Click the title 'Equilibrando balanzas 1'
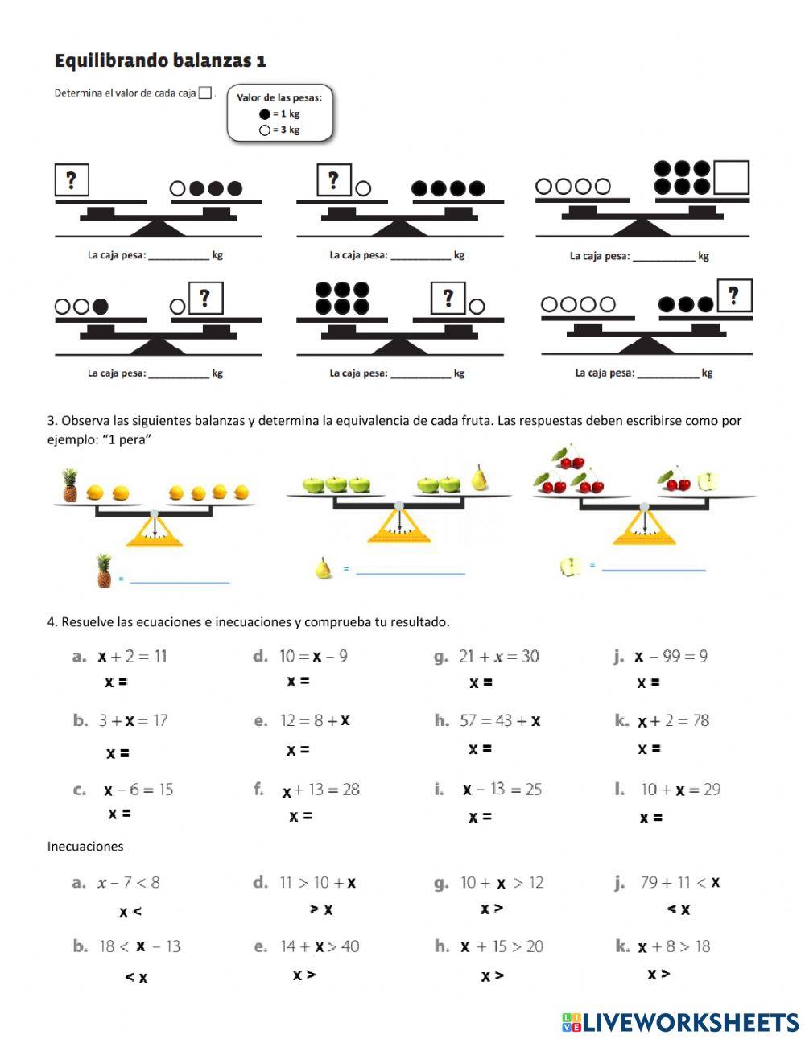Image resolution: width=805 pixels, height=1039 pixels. pos(159,60)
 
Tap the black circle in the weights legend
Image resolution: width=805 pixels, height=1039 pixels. pos(264,114)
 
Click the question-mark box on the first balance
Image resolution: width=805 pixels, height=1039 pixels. pos(72,179)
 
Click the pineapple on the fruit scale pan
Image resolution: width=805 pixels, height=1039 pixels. pos(70,486)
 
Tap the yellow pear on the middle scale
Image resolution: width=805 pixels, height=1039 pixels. pos(480,477)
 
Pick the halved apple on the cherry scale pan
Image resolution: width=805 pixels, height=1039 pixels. pos(708,481)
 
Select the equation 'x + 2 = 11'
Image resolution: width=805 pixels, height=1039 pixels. pos(132,656)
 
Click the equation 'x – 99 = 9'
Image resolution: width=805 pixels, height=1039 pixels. pos(671,657)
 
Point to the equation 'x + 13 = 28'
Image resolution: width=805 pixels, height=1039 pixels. pos(320,790)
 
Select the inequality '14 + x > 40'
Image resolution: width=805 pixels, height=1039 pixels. pos(319,946)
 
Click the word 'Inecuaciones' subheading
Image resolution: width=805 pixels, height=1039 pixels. pos(85,846)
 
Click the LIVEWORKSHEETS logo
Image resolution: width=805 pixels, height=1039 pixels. pos(680,1022)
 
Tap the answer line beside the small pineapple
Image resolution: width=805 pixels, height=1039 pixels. pos(180,581)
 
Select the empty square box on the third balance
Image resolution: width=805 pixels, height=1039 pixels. pos(731,178)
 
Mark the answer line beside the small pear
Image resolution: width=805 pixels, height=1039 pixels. pos(411,573)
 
